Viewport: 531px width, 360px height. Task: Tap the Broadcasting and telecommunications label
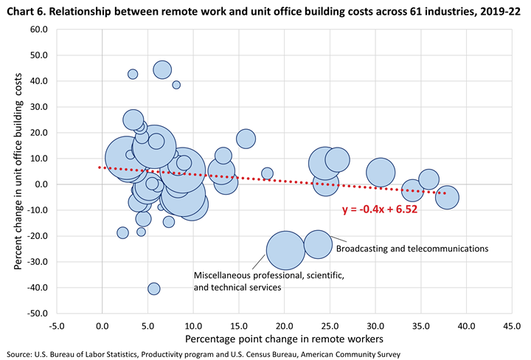click(412, 249)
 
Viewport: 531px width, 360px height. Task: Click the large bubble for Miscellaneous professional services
click(285, 250)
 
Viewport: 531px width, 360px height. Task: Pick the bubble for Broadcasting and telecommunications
click(318, 244)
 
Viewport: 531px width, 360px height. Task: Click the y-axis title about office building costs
click(18, 171)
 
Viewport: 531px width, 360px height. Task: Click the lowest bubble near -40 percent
click(153, 288)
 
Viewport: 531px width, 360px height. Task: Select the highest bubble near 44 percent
click(162, 69)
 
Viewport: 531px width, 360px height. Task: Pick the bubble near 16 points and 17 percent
click(246, 139)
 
